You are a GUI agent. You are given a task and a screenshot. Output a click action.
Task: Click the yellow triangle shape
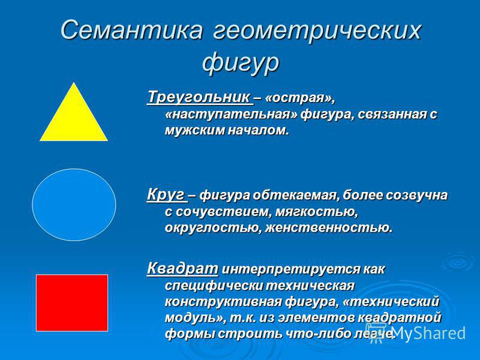pos(74,119)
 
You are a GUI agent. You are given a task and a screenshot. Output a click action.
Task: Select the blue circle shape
pos(74,205)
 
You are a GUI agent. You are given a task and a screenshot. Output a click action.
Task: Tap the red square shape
pos(72,303)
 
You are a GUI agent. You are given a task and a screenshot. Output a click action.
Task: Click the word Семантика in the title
pos(131,30)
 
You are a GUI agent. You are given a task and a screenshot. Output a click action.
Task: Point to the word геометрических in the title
pos(317,31)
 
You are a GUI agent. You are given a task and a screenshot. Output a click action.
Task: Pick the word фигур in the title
pos(241,64)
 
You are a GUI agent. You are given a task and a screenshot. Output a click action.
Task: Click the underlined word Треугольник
pos(200,97)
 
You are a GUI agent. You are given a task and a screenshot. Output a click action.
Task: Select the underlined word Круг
pos(166,194)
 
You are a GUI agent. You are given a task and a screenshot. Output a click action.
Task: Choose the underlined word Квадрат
pos(183,269)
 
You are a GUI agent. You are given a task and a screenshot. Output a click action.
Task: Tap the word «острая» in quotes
pos(298,98)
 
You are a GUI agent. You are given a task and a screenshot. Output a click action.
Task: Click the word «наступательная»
pos(231,114)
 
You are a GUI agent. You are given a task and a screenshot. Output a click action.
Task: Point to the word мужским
pos(194,131)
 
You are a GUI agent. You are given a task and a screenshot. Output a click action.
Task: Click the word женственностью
pos(328,228)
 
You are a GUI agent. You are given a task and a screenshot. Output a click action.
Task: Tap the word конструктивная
pos(223,302)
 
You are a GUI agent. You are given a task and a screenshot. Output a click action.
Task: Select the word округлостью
pos(213,229)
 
